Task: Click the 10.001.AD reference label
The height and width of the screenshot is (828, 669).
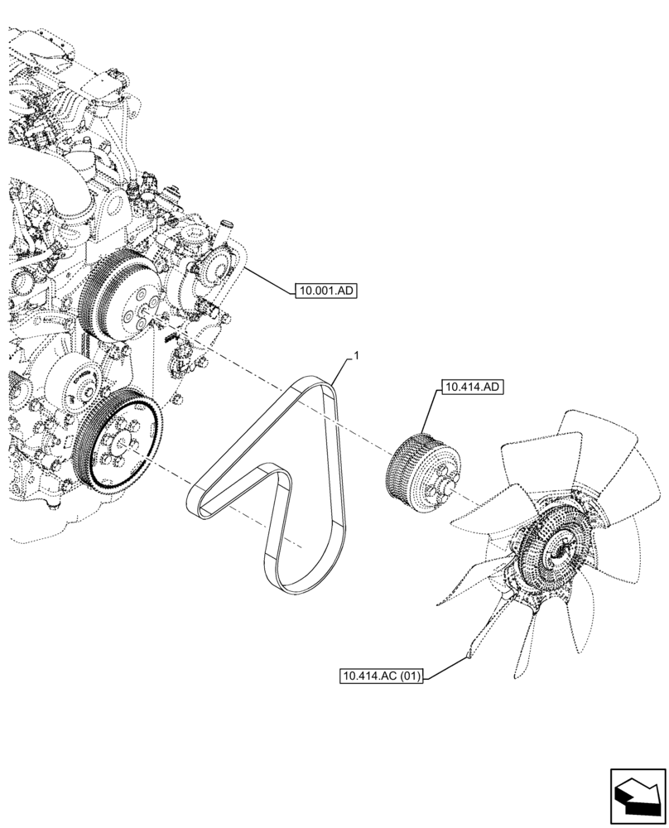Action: (325, 291)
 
